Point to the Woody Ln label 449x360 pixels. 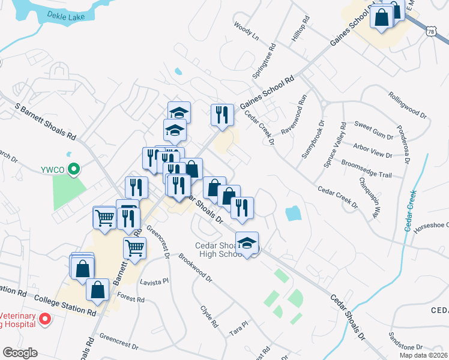pyautogui.click(x=246, y=32)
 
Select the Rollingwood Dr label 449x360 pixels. pyautogui.click(x=408, y=104)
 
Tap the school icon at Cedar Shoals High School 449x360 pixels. pyautogui.click(x=247, y=242)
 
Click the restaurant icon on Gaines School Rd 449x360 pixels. pyautogui.click(x=222, y=114)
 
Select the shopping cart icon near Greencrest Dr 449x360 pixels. pyautogui.click(x=134, y=247)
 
